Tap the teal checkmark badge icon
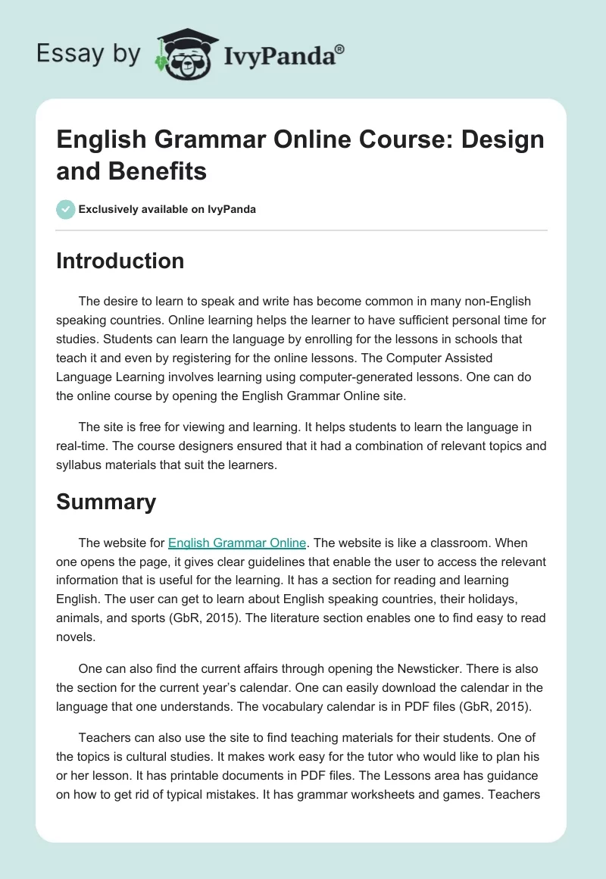click(x=66, y=209)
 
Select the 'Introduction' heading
click(x=120, y=261)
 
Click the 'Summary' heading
click(x=106, y=502)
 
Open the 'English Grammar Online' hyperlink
click(x=237, y=543)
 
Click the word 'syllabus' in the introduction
click(x=81, y=465)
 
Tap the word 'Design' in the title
click(x=502, y=139)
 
